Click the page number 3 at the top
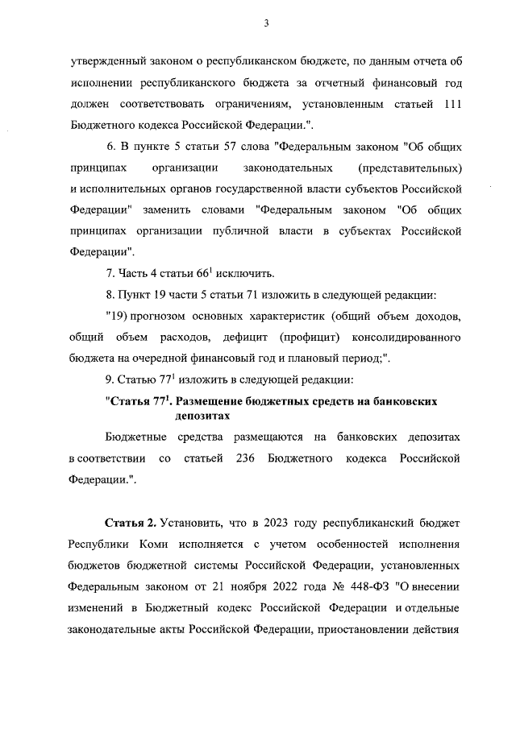coord(265,23)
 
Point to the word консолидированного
coord(406,333)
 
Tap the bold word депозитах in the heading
coord(202,416)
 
